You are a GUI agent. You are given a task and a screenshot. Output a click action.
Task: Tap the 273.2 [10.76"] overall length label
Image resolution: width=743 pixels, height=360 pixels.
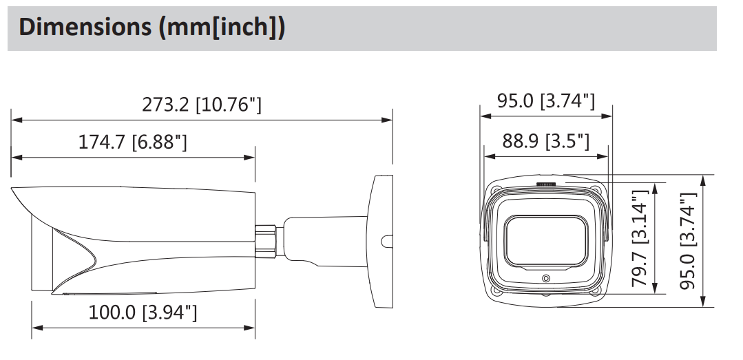[202, 105]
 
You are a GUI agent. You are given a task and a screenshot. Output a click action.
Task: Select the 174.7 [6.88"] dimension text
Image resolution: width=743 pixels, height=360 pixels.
[133, 142]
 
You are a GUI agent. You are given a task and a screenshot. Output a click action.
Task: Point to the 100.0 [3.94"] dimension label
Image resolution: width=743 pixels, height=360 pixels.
[143, 313]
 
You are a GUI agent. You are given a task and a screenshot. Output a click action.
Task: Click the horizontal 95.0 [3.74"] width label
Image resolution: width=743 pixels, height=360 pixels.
[545, 100]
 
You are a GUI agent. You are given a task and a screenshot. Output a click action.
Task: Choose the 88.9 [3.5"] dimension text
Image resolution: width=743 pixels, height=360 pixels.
[545, 142]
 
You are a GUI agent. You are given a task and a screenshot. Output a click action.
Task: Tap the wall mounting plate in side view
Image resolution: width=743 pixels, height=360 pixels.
[381, 241]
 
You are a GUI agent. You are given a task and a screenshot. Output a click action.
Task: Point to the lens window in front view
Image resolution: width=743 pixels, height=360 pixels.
[546, 241]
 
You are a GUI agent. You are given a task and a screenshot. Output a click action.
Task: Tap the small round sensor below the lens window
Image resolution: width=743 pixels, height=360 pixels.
[546, 279]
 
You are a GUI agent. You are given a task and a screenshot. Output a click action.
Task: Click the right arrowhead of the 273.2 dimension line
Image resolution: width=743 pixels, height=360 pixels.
[388, 120]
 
